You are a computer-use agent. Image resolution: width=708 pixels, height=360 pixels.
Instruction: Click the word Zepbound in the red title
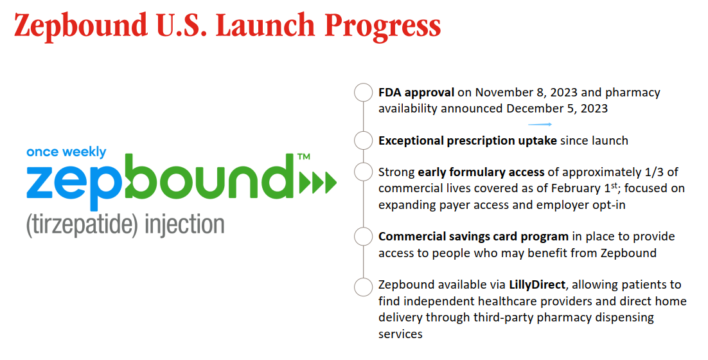click(x=81, y=25)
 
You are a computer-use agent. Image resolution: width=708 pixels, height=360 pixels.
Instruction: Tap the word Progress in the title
click(x=382, y=26)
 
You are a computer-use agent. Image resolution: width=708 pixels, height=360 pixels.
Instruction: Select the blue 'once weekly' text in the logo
click(x=66, y=152)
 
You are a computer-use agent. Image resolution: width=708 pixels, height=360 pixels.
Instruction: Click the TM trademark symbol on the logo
click(x=304, y=157)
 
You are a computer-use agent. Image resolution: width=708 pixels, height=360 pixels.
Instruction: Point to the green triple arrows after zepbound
click(x=318, y=183)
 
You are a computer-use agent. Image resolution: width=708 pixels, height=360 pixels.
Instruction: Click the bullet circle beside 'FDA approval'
click(x=364, y=92)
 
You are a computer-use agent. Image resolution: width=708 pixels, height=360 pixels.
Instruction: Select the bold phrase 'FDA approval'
click(x=416, y=93)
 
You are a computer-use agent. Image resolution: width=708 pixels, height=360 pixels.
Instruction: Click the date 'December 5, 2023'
click(x=557, y=109)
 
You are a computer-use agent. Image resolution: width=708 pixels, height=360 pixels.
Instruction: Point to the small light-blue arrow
click(x=540, y=124)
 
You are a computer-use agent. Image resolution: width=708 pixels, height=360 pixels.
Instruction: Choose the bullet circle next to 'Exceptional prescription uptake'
click(x=364, y=141)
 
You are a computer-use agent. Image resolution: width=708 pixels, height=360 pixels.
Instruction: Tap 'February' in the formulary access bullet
click(x=575, y=189)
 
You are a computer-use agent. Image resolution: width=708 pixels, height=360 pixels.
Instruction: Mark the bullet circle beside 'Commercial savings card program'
click(x=364, y=237)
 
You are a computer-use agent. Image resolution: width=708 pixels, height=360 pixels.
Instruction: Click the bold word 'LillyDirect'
click(x=537, y=285)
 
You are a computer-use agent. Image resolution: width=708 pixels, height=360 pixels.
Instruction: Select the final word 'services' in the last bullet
click(x=400, y=334)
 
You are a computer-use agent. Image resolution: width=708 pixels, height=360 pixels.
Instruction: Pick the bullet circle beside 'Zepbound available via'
click(x=364, y=287)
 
